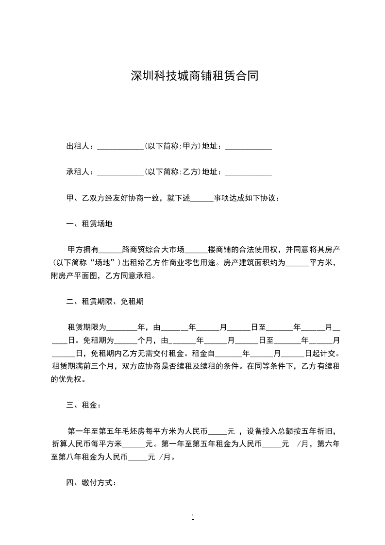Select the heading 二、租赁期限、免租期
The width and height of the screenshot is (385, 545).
coord(105,301)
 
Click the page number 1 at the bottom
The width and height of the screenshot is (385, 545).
coord(193,517)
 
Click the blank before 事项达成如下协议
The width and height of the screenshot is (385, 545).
coord(202,200)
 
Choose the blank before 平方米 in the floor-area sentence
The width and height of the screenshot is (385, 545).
coord(297,265)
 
